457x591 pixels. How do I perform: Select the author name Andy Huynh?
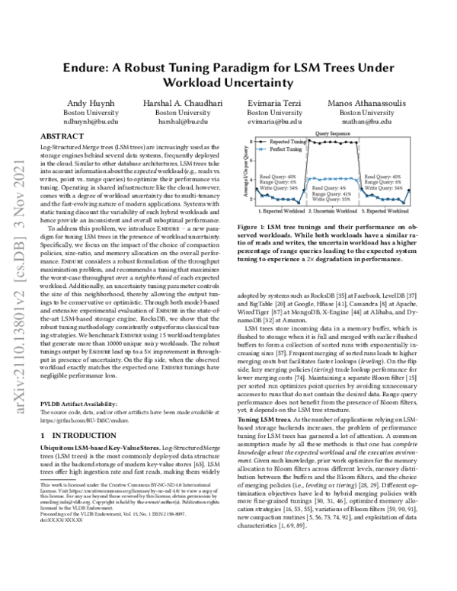point(90,102)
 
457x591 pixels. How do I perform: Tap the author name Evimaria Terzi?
point(276,102)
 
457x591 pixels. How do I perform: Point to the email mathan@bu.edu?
point(371,121)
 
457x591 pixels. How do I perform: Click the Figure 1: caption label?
point(251,226)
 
